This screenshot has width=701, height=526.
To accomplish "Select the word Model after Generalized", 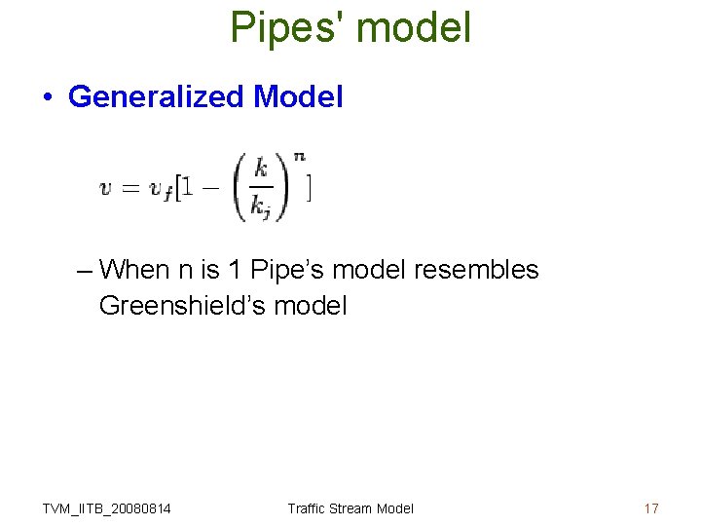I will pyautogui.click(x=297, y=97).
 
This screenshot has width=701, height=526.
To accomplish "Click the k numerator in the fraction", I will pyautogui.click(x=260, y=169).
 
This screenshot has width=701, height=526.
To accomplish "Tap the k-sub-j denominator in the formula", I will pyautogui.click(x=260, y=207).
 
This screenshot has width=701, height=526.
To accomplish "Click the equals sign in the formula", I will pyautogui.click(x=130, y=189).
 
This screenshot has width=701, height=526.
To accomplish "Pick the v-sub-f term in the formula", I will pyautogui.click(x=162, y=191).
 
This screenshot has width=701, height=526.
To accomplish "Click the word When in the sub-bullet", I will pyautogui.click(x=133, y=269).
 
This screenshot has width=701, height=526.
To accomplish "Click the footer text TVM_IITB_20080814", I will pyautogui.click(x=106, y=508).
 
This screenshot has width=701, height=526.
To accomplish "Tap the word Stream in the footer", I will pyautogui.click(x=350, y=508).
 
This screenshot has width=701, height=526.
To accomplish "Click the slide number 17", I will pyautogui.click(x=651, y=508).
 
